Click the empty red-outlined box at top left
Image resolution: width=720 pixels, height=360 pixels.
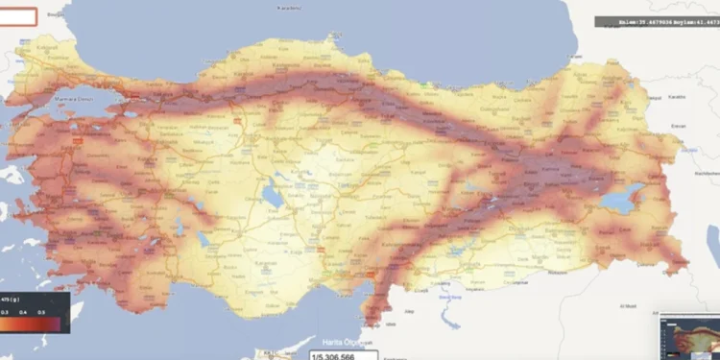point(19,15)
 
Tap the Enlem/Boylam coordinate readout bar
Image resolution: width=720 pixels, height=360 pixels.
point(657,21)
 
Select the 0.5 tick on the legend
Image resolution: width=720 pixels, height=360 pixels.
point(40,313)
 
